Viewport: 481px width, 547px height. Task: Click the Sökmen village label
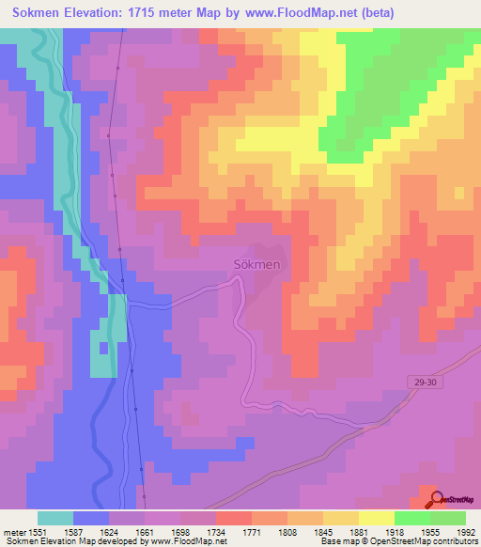[x=256, y=265]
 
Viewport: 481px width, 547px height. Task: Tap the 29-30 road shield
[x=424, y=381]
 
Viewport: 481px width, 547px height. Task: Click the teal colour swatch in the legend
[x=55, y=517]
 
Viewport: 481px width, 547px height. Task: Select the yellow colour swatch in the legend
[x=377, y=517]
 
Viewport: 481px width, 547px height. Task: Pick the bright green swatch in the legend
[x=412, y=517]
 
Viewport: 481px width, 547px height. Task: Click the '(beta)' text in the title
[x=373, y=12]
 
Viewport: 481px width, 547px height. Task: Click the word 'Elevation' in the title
[x=101, y=12]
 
